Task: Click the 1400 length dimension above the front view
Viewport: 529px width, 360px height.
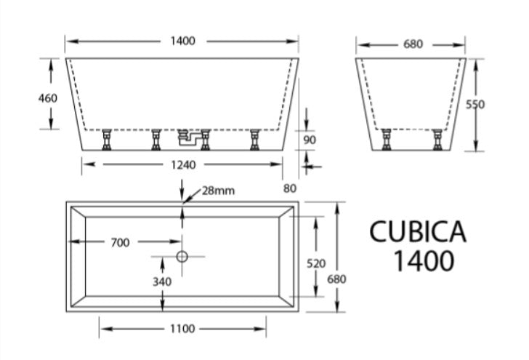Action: pyautogui.click(x=182, y=41)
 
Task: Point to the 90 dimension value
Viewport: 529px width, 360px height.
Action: pyautogui.click(x=310, y=140)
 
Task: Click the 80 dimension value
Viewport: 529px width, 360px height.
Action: pyautogui.click(x=290, y=188)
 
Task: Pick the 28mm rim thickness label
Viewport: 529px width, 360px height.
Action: pyautogui.click(x=218, y=191)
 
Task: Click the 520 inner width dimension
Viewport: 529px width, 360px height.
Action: pyautogui.click(x=315, y=263)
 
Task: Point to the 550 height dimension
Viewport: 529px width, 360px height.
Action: pyautogui.click(x=475, y=104)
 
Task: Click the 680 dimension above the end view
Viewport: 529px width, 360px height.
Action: pyautogui.click(x=412, y=44)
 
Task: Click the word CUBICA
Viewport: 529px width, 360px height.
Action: pyautogui.click(x=418, y=231)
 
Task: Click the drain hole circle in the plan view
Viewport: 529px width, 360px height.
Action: pyautogui.click(x=182, y=256)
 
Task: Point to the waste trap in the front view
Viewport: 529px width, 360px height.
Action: pyautogui.click(x=193, y=136)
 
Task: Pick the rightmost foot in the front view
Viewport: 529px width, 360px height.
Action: pyautogui.click(x=255, y=138)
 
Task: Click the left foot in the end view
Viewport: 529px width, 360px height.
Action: pyautogui.click(x=386, y=138)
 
